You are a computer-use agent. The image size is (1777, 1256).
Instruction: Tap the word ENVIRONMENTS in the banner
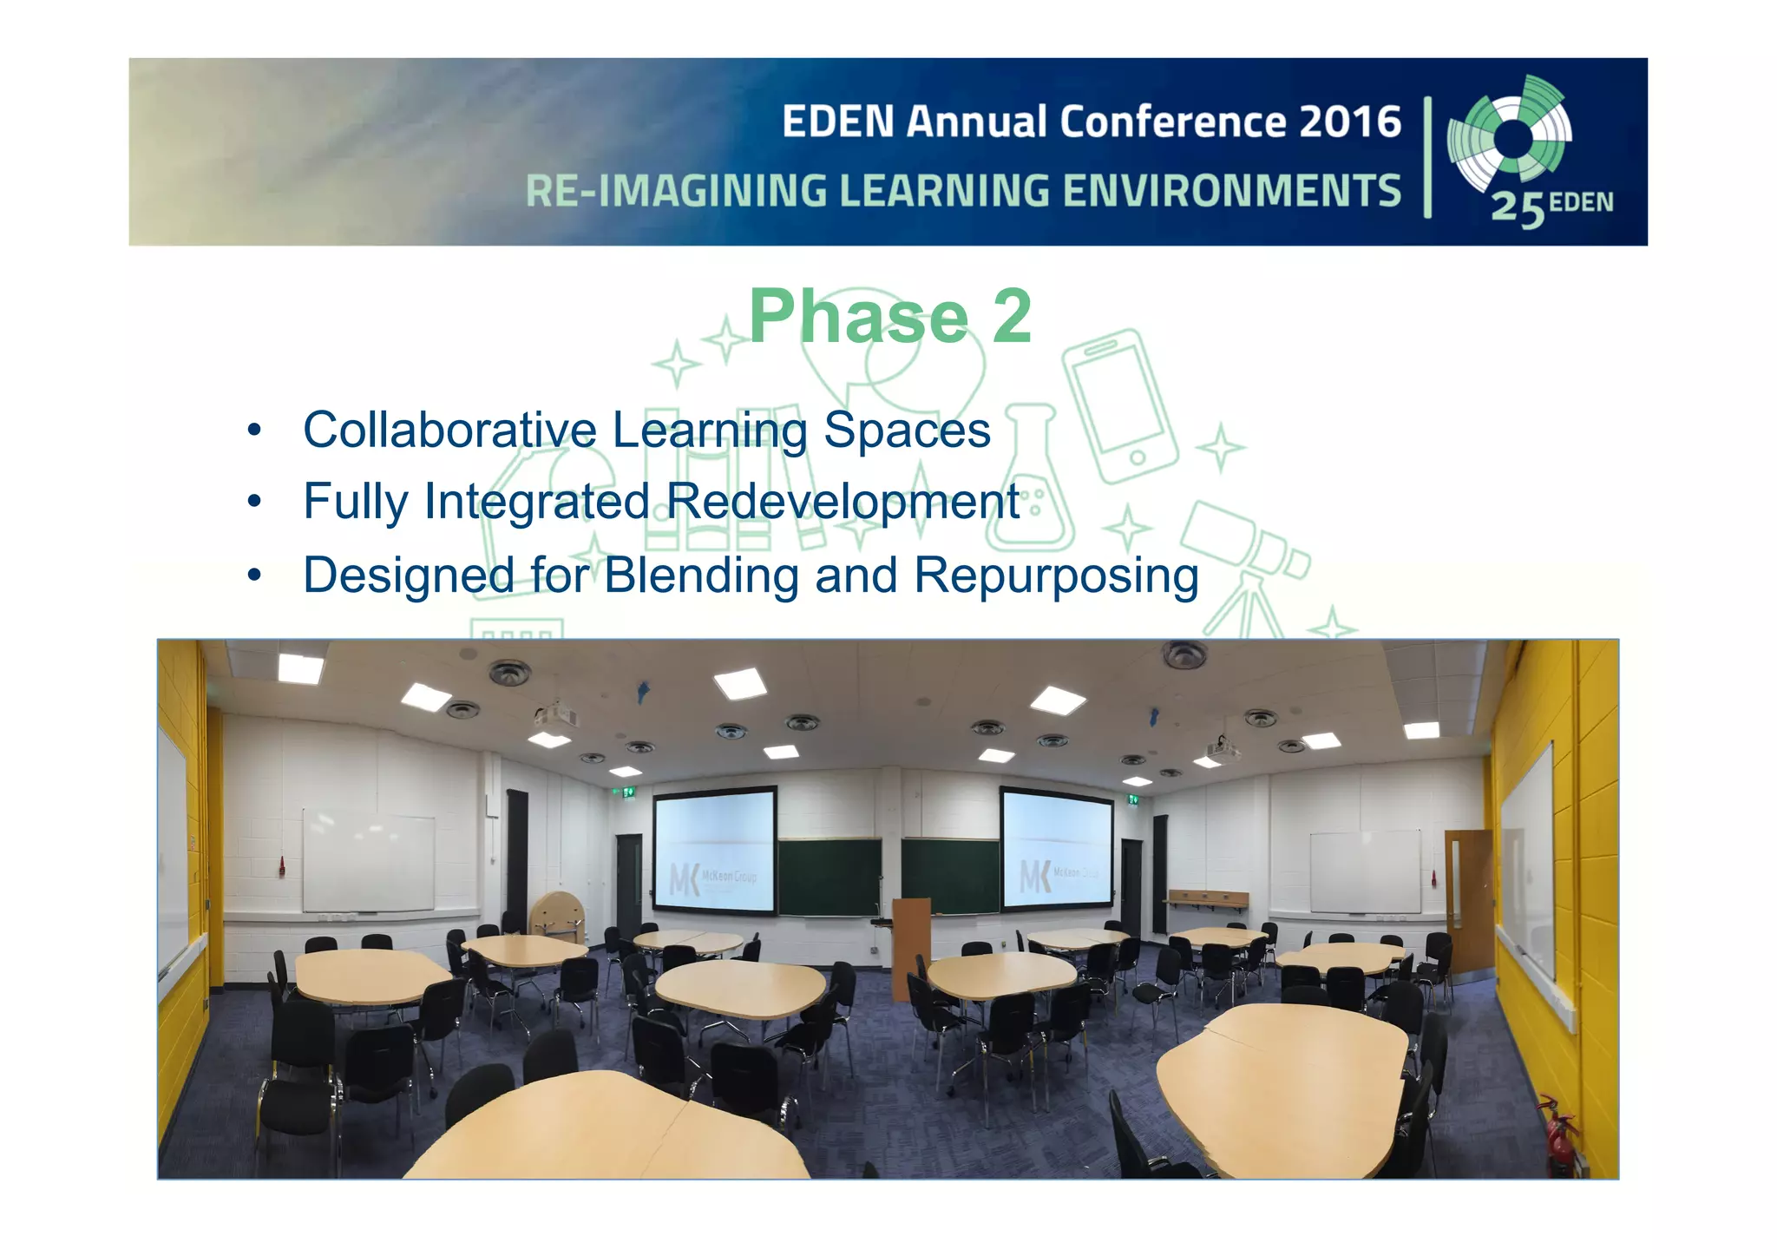coord(1231,191)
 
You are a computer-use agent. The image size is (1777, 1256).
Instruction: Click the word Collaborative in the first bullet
coord(449,430)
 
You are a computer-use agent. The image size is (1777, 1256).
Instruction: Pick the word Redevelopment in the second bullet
coord(843,502)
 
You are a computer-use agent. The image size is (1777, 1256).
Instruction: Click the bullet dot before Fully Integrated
coord(253,502)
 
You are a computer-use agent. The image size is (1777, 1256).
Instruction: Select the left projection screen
coord(714,850)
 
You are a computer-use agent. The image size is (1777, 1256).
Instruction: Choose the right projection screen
coord(1057,849)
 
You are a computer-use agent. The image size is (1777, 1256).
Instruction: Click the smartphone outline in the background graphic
coord(1120,405)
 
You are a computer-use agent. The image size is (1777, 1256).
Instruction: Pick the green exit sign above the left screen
coord(628,792)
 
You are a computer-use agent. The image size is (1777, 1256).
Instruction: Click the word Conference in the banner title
coord(1171,122)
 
